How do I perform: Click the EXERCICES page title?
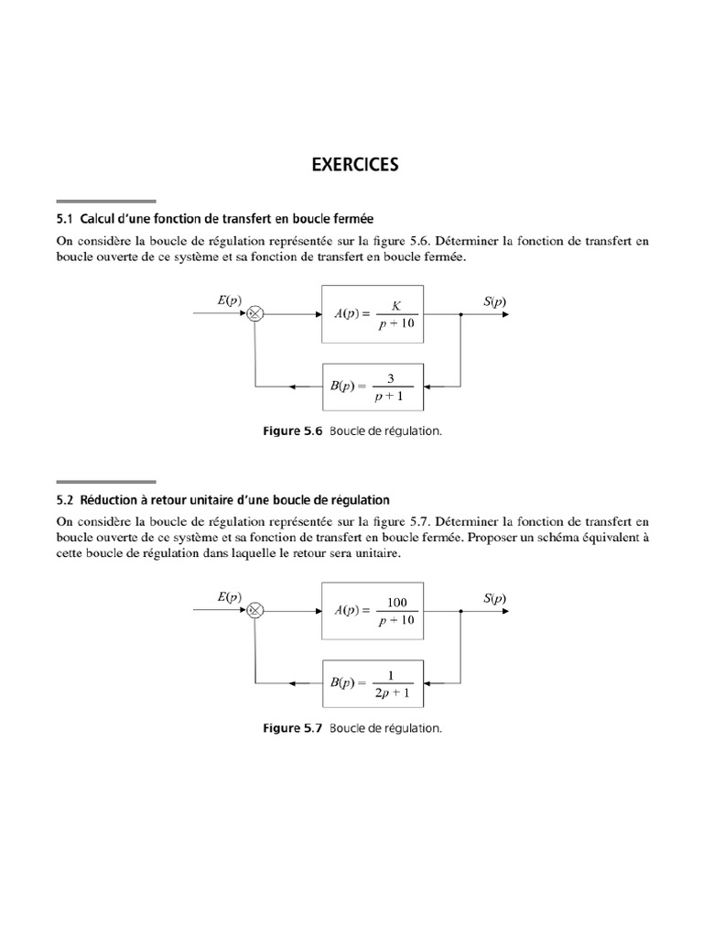[x=355, y=165]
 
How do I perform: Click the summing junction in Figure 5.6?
[x=255, y=313]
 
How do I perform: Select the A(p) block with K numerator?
[x=373, y=313]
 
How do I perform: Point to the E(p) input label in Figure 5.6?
[x=229, y=300]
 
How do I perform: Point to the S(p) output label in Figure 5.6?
[x=494, y=300]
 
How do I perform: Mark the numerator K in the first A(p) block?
[x=396, y=304]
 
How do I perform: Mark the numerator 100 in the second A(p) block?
[x=396, y=601]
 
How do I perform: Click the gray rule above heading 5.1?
[x=105, y=201]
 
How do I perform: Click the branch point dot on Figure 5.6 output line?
[x=460, y=313]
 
